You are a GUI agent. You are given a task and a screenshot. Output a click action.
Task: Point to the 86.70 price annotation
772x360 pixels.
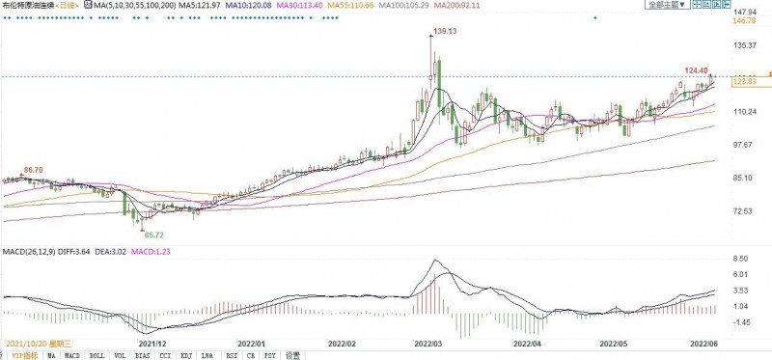[x=33, y=170]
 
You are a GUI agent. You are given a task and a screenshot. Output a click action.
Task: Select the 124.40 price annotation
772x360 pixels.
[x=696, y=69]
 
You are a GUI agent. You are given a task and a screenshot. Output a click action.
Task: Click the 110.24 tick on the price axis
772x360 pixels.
[x=744, y=112]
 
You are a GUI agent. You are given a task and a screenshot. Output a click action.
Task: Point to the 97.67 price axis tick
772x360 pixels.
[x=743, y=145]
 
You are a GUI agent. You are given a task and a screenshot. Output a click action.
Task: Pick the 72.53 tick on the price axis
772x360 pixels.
[x=743, y=210]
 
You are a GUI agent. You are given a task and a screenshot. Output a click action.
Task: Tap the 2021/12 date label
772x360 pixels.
[x=152, y=343]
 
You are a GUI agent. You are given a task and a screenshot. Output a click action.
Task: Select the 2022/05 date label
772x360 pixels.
[x=615, y=343]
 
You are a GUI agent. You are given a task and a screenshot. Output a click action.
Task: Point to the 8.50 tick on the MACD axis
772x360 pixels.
[x=743, y=258]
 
